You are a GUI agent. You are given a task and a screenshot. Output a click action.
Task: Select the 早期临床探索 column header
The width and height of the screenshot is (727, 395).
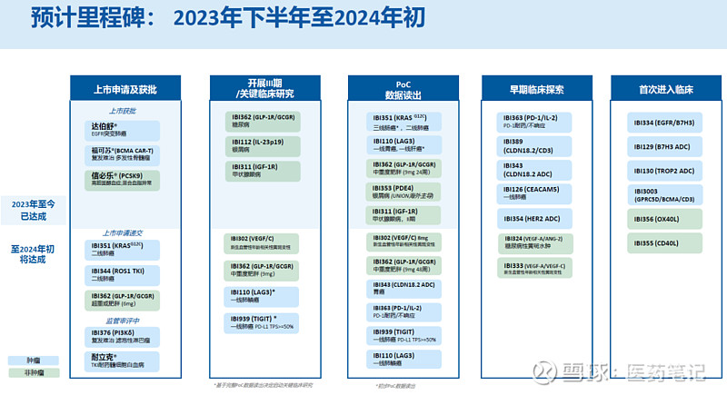(x=536, y=89)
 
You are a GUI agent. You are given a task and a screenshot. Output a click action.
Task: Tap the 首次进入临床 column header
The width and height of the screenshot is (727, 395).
(x=664, y=89)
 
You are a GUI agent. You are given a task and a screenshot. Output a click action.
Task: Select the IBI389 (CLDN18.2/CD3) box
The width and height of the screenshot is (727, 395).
(x=536, y=146)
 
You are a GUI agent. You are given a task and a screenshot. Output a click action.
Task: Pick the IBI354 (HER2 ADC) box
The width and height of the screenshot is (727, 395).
(x=536, y=219)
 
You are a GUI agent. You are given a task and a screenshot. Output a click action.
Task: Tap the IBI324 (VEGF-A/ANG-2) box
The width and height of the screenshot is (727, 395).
(x=536, y=242)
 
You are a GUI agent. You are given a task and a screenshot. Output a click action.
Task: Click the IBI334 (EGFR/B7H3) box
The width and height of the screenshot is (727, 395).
(x=664, y=122)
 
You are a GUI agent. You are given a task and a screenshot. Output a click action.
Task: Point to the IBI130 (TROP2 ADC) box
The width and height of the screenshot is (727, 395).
(x=664, y=170)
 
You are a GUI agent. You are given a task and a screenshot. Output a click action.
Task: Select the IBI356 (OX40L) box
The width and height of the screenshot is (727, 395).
(x=664, y=219)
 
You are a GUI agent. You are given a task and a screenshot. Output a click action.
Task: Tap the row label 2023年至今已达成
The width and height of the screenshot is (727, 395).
(x=33, y=210)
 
